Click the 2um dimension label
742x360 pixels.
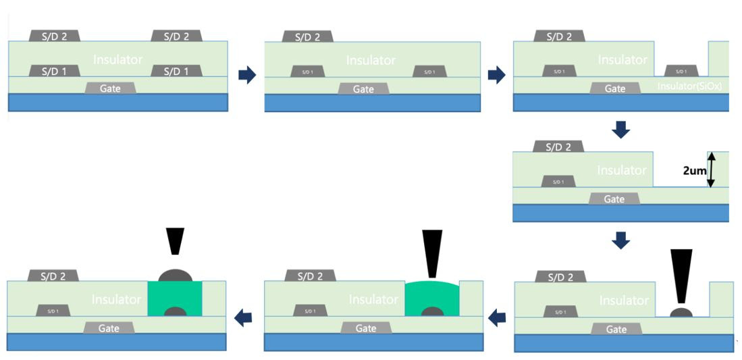click(695, 171)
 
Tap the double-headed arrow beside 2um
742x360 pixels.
click(711, 170)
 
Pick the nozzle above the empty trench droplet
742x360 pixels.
click(681, 274)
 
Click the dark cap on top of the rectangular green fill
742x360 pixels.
click(175, 276)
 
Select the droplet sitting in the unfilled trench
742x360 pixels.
click(681, 312)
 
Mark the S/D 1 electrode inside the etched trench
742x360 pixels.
click(681, 71)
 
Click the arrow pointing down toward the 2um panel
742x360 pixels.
click(620, 129)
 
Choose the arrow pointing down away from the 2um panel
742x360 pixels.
click(620, 240)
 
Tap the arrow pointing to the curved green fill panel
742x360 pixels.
click(498, 316)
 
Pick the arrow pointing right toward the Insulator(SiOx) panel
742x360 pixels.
click(496, 75)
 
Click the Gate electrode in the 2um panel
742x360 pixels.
click(614, 199)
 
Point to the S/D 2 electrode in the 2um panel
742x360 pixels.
click(558, 147)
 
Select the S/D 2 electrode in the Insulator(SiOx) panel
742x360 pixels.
click(558, 36)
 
